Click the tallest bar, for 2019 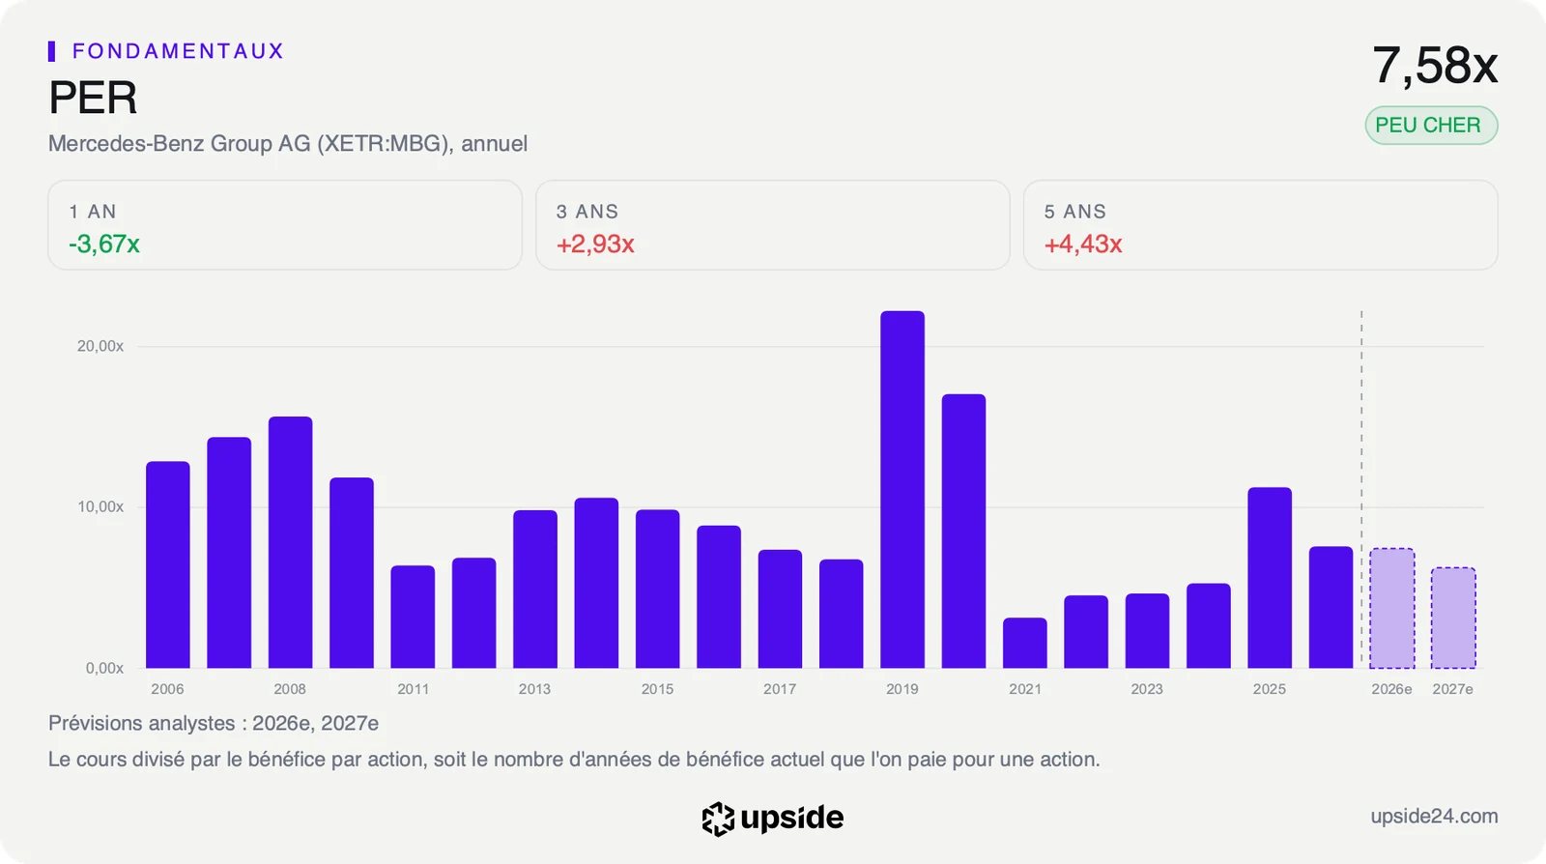point(902,489)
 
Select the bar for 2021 point(1025,643)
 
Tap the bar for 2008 point(290,542)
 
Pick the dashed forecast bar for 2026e point(1392,608)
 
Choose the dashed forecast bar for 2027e point(1453,618)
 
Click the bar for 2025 point(1270,578)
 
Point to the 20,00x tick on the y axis point(100,346)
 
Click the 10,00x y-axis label point(100,506)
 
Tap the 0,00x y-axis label point(104,668)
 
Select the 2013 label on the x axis point(535,689)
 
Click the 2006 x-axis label point(168,689)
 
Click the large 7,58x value point(1435,66)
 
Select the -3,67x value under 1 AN point(104,244)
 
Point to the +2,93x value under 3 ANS point(595,244)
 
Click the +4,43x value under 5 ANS point(1083,244)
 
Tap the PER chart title point(93,98)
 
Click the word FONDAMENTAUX point(178,51)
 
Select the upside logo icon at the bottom point(718,820)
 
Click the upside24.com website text point(1434,816)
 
